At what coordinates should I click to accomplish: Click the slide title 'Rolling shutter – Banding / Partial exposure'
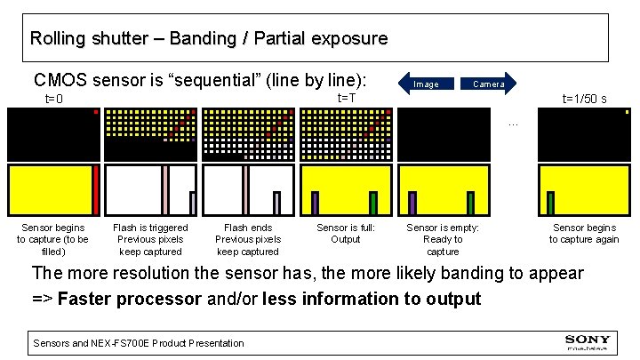[x=208, y=39]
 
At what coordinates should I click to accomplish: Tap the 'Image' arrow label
[x=426, y=84]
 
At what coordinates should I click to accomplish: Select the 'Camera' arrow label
[x=488, y=84]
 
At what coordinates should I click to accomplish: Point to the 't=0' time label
[x=54, y=99]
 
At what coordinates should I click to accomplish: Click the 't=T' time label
[x=347, y=97]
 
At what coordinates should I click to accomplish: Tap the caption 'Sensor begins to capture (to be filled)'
[x=53, y=240]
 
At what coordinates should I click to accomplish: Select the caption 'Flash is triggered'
[x=150, y=228]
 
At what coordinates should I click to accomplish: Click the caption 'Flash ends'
[x=248, y=228]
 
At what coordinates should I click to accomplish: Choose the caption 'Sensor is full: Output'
[x=346, y=234]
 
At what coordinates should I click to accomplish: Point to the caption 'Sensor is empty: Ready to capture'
[x=443, y=240]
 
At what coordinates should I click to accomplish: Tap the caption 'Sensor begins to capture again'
[x=584, y=234]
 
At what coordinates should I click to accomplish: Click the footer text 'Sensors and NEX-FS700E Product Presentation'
[x=138, y=343]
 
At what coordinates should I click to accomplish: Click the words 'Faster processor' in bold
[x=130, y=299]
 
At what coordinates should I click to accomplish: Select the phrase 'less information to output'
[x=372, y=299]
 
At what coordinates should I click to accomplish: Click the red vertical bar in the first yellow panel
[x=96, y=190]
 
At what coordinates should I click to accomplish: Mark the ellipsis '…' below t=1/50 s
[x=512, y=124]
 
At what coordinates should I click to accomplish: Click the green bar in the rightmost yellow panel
[x=550, y=204]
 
